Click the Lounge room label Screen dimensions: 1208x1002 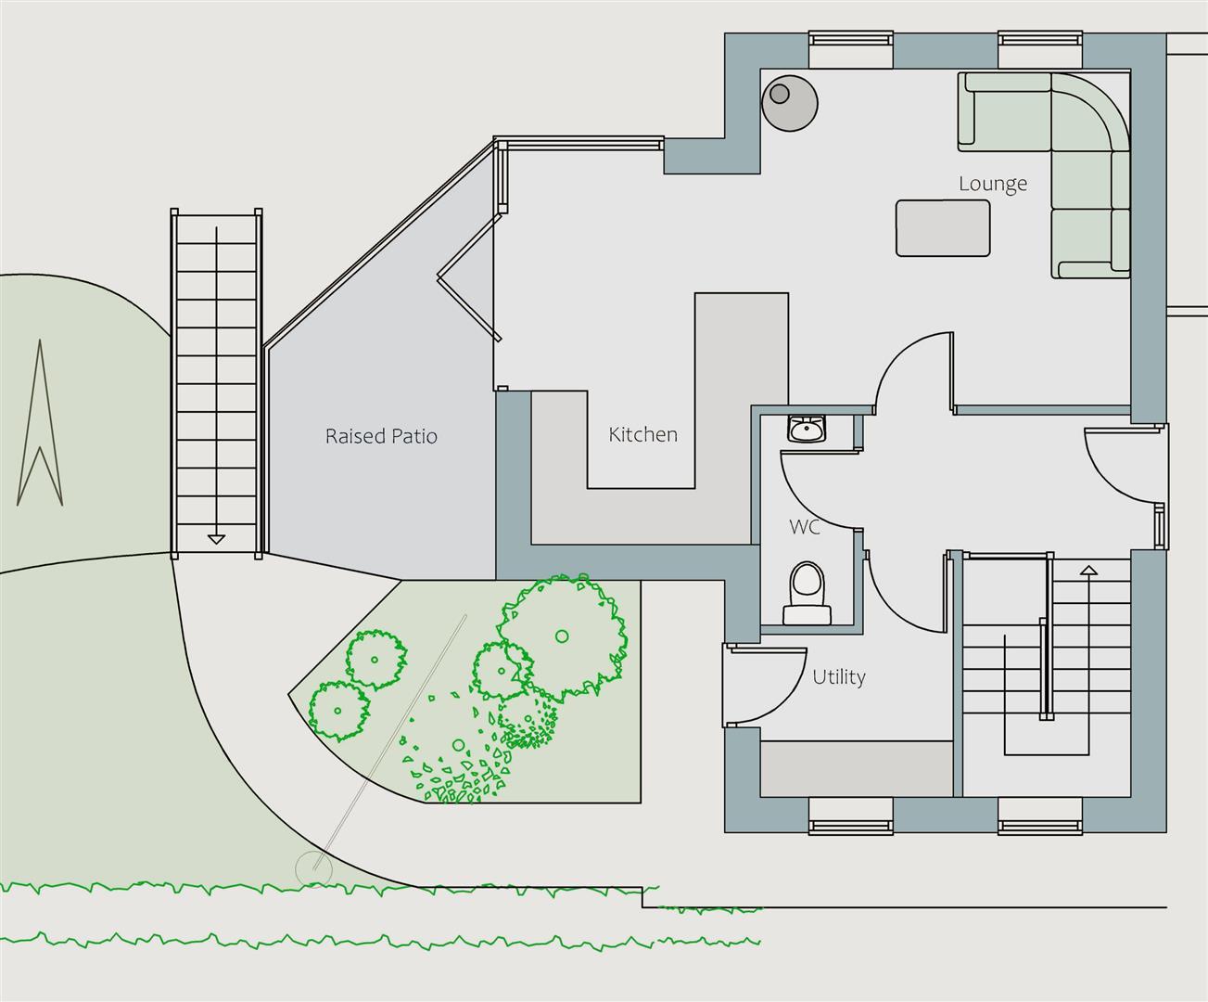993,184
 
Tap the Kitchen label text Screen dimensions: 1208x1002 642,434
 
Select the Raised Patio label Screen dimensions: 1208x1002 381,436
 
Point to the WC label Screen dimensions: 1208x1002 804,527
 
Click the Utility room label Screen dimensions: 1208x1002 839,676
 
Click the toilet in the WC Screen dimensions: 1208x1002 807,593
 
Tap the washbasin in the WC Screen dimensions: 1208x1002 807,429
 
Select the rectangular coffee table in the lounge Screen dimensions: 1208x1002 943,228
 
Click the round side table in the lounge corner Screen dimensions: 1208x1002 790,103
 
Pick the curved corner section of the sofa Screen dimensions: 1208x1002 1090,113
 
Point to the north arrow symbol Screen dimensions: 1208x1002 40,422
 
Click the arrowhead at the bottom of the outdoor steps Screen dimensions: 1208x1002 216,539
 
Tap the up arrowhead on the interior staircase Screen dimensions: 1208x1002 1088,571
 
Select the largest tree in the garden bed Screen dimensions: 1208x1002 562,636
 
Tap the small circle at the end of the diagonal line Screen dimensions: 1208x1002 314,869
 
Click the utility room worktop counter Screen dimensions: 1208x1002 857,769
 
